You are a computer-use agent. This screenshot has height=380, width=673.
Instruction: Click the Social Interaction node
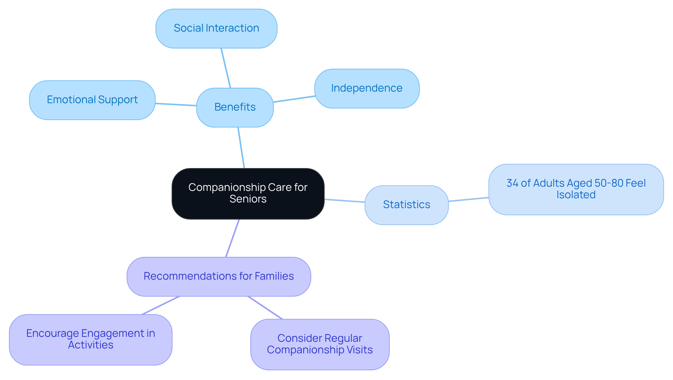(x=216, y=28)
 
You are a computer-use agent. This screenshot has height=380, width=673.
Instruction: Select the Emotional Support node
(x=92, y=100)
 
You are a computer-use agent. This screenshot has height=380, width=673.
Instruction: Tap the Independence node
(x=367, y=88)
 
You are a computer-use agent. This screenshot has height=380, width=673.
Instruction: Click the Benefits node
(x=235, y=107)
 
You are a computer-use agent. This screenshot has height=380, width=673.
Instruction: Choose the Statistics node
(x=406, y=205)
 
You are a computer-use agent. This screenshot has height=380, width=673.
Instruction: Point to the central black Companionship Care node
(x=248, y=194)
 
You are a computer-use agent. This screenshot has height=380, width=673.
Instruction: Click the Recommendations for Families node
(x=218, y=276)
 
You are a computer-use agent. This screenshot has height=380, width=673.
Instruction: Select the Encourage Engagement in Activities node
(x=90, y=339)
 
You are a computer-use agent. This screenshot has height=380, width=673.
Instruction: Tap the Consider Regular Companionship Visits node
(x=320, y=344)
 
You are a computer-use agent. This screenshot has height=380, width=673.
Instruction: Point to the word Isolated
(x=576, y=195)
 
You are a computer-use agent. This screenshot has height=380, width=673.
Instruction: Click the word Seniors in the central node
(x=248, y=199)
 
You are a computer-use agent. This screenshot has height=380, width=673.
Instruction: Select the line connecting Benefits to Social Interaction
(x=226, y=68)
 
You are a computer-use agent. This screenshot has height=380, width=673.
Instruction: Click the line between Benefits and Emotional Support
(x=176, y=105)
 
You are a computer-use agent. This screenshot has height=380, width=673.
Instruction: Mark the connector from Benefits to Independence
(x=294, y=99)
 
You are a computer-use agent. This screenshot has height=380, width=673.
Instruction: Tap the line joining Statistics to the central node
(x=345, y=201)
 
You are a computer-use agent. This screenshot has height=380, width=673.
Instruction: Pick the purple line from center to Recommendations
(x=232, y=238)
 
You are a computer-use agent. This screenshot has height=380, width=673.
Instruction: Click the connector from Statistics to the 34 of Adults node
(x=469, y=199)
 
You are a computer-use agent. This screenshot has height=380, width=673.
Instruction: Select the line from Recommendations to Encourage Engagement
(x=161, y=305)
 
